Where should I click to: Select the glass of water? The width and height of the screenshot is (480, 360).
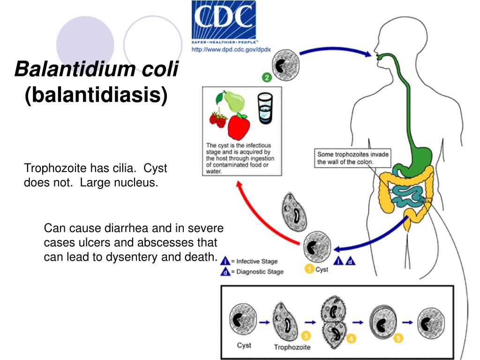coord(265,108)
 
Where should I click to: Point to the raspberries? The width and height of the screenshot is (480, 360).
coord(218,119)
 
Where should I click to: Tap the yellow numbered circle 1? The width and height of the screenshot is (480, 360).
coord(309,269)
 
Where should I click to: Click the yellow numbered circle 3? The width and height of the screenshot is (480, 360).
coord(306,336)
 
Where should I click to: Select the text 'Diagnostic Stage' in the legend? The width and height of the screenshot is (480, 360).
coord(259,272)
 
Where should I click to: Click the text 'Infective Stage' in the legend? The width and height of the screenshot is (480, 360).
coord(257,262)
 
